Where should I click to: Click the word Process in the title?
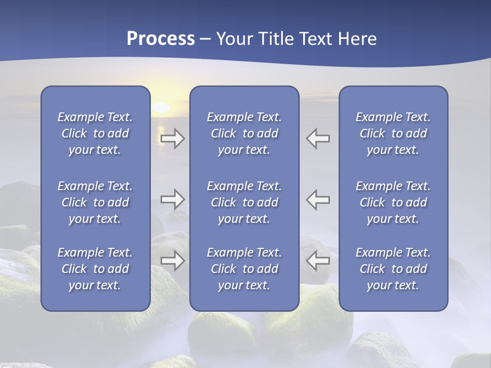[x=161, y=39]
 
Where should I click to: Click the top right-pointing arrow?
[x=173, y=139]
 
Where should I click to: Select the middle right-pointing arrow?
[x=173, y=199]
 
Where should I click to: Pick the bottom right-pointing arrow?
[x=173, y=261]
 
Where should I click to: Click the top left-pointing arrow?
[x=318, y=139]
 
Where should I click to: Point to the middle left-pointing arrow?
[x=318, y=199]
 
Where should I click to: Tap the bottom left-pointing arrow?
[x=318, y=261]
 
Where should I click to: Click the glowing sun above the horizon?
[x=161, y=108]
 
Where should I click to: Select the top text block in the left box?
[x=95, y=133]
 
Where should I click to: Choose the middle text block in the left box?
[x=95, y=202]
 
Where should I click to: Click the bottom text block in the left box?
[x=95, y=269]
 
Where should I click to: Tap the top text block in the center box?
[x=244, y=133]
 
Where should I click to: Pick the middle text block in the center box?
[x=244, y=202]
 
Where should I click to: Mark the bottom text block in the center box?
[x=244, y=269]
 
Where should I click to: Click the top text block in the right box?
[x=393, y=133]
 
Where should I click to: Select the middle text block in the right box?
[x=393, y=202]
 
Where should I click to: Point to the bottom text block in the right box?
[x=393, y=269]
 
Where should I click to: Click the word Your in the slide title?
[x=236, y=39]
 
